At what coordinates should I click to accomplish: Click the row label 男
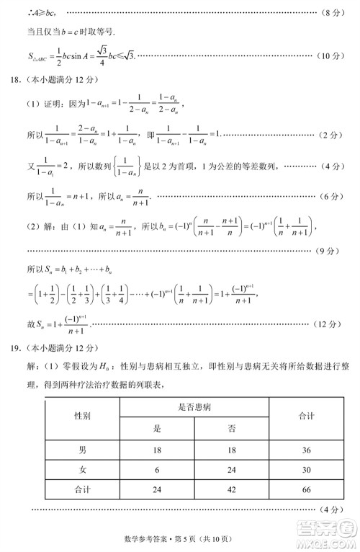(83, 450)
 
